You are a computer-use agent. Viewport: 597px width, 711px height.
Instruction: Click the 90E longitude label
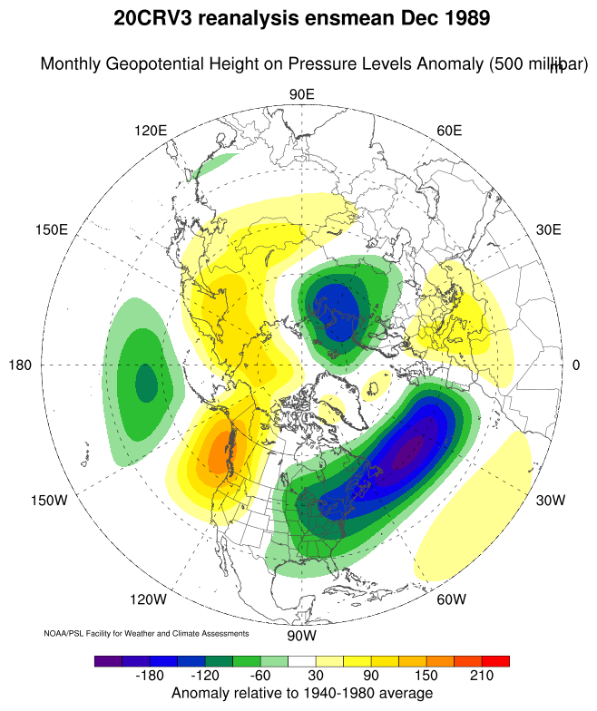pos(301,94)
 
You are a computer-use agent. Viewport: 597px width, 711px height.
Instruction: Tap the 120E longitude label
pos(151,131)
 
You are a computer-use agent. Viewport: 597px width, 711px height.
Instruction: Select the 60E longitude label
pos(449,131)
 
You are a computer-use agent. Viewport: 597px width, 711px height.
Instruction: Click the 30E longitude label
pos(549,229)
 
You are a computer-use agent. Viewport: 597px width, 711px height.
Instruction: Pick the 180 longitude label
pos(21,365)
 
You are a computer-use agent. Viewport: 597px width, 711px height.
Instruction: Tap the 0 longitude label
pos(576,365)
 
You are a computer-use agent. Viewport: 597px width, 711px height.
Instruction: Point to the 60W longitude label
pos(451,599)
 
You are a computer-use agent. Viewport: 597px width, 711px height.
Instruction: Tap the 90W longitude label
pos(301,636)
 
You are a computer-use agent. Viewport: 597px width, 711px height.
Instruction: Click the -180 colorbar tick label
pos(147,677)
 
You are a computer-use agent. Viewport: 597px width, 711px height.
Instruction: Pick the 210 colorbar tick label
pos(481,677)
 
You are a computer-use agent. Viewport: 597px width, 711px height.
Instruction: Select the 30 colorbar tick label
pos(314,677)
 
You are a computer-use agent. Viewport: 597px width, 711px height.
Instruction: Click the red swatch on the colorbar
pos(495,661)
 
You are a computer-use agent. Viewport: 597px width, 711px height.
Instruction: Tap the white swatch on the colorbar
pos(301,661)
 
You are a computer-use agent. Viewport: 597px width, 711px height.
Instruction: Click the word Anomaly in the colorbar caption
pos(203,694)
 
